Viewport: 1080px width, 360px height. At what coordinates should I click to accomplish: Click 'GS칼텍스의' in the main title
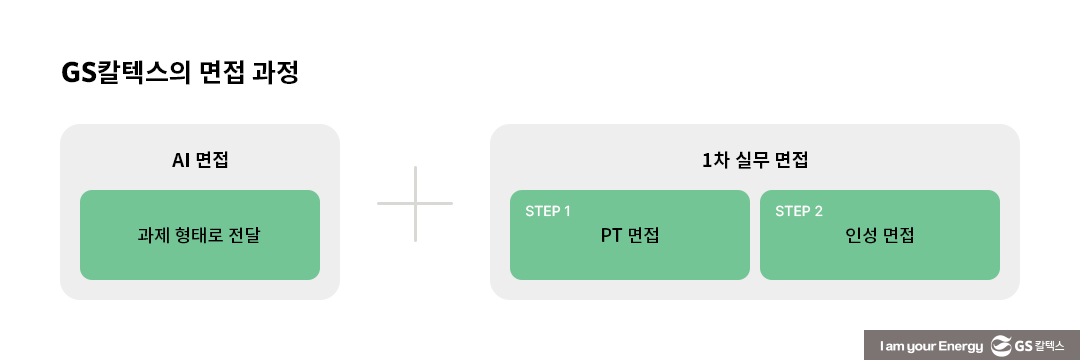131,74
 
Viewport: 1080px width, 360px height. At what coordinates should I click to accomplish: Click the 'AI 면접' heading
200,159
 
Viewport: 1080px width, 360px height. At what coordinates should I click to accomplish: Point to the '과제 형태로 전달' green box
200,235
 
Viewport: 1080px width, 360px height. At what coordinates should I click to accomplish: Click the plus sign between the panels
415,204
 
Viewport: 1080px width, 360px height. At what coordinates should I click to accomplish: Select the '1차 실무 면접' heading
755,159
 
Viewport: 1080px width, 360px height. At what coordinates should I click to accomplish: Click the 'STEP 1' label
548,212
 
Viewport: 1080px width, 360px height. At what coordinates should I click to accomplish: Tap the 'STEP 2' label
799,212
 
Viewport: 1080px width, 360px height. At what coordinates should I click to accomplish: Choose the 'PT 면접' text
630,237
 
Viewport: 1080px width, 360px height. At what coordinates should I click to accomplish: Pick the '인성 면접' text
880,237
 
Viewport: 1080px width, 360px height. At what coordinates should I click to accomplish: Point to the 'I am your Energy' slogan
929,345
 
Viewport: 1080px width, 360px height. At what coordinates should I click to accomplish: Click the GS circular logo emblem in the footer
1000,345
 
